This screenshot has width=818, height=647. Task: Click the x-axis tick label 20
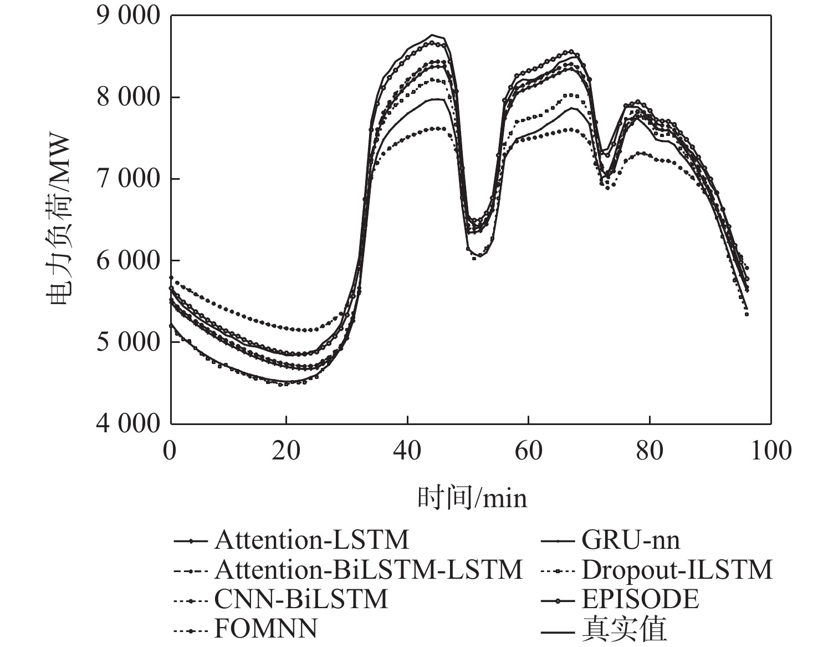click(x=287, y=450)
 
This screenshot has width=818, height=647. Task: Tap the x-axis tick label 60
click(x=528, y=450)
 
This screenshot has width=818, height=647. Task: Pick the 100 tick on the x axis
click(x=770, y=450)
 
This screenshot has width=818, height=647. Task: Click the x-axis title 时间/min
click(x=472, y=498)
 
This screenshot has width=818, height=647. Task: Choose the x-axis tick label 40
click(x=407, y=450)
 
